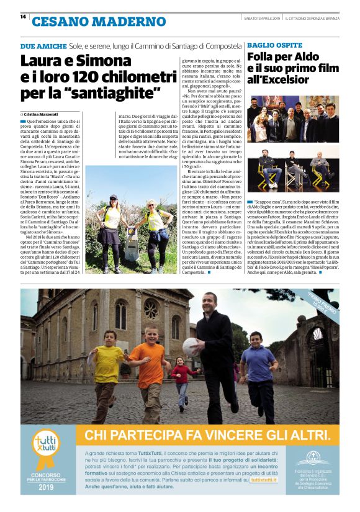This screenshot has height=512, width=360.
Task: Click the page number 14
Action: pyautogui.click(x=23, y=17)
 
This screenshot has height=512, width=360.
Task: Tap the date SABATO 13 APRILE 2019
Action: pyautogui.click(x=263, y=17)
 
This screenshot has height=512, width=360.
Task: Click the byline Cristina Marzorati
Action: pyautogui.click(x=43, y=115)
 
